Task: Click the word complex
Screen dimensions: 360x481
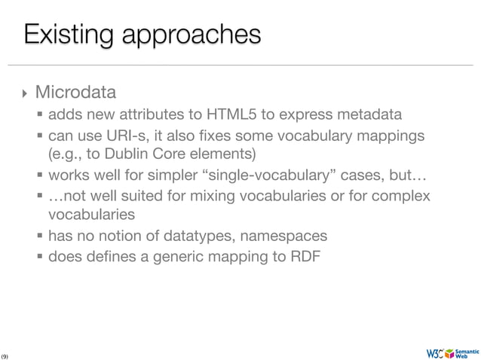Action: pos(403,197)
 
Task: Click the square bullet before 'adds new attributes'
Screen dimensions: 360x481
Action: pos(40,116)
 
